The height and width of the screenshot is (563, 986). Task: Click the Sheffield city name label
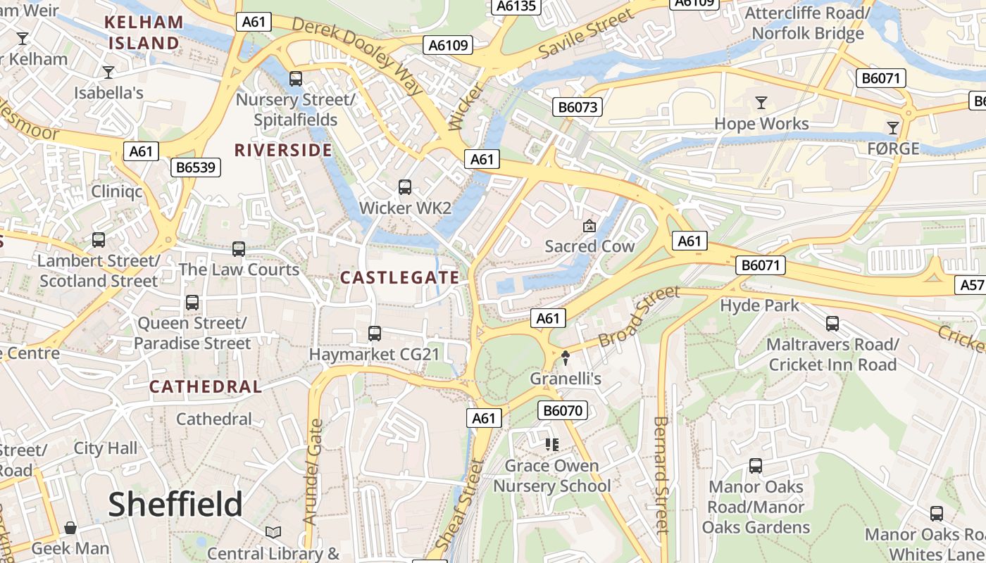click(x=175, y=505)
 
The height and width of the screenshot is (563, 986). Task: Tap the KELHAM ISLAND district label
click(x=144, y=32)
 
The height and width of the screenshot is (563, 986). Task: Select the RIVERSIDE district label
click(x=283, y=150)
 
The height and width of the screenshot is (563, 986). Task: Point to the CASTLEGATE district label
click(x=400, y=277)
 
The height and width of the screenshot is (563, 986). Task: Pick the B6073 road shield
click(x=578, y=107)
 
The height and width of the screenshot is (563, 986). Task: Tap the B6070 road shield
click(x=563, y=410)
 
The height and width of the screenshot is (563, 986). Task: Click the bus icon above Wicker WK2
click(x=405, y=187)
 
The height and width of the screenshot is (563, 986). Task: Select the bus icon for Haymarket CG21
click(x=375, y=333)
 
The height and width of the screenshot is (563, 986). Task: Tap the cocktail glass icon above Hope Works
click(x=761, y=103)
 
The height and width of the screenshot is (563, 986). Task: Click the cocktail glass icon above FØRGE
click(x=893, y=127)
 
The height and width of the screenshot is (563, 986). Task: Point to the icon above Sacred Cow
click(x=589, y=226)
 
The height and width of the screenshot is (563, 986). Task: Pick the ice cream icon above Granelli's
click(x=566, y=358)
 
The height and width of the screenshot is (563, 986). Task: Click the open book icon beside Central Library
click(x=273, y=533)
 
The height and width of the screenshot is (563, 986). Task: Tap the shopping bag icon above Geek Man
click(x=70, y=528)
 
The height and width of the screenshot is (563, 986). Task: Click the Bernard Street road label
click(x=661, y=475)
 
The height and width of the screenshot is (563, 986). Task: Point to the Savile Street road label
click(x=576, y=34)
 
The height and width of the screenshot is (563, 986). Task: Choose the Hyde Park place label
click(x=759, y=305)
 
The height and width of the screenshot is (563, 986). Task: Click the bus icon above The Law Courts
click(x=239, y=249)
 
